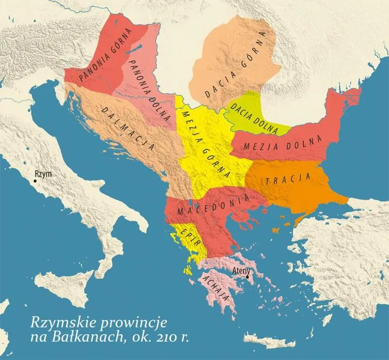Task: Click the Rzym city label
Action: point(42,174)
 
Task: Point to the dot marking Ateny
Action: point(248,277)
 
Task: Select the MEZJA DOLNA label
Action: point(283,142)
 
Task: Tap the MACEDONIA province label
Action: point(213,205)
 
